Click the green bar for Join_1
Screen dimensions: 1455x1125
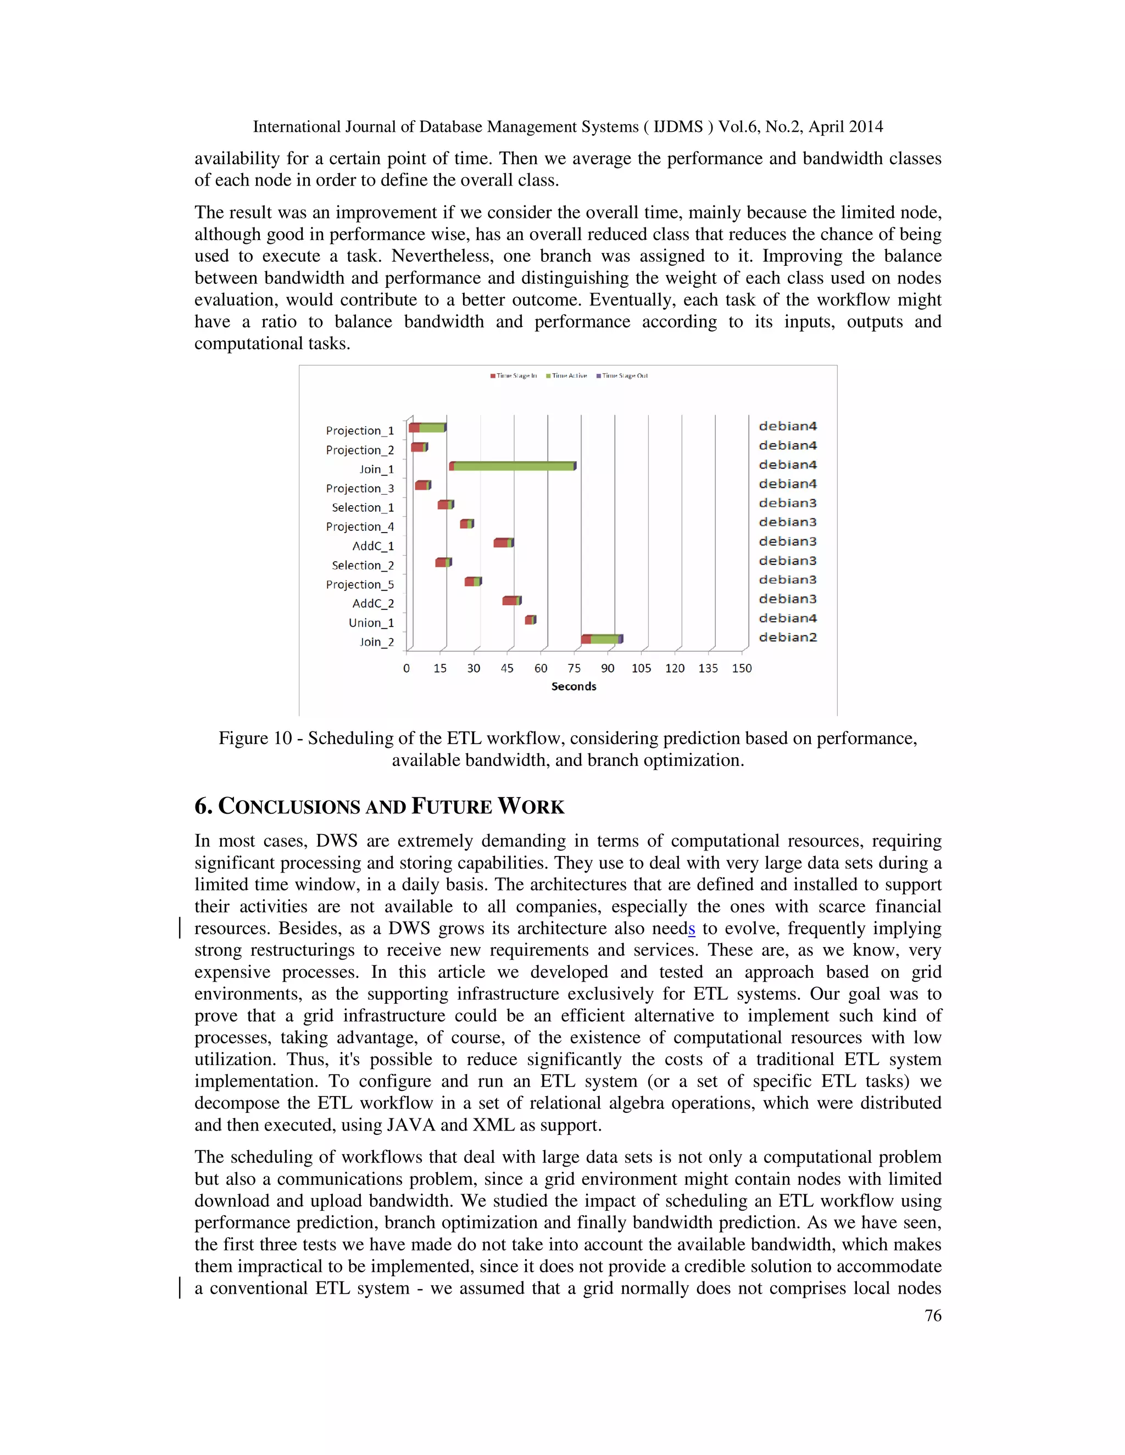513,466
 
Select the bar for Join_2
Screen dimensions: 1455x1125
602,640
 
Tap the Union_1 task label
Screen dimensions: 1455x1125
371,623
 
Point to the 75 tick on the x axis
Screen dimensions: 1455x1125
574,668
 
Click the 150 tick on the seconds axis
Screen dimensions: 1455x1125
741,668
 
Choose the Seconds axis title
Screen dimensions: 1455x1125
573,686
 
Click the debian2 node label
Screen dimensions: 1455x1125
788,637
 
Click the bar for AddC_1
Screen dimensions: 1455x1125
503,543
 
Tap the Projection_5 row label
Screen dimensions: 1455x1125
360,584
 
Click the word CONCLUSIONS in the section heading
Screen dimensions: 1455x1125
289,807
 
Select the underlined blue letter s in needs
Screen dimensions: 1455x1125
692,928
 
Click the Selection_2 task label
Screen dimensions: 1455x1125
363,566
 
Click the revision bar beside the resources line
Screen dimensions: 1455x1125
180,928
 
